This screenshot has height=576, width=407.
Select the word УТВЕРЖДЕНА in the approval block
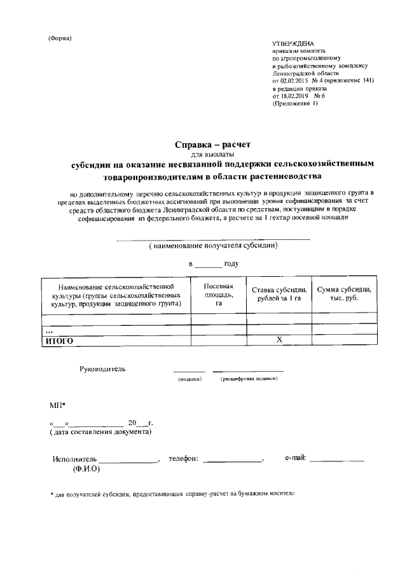tap(294, 43)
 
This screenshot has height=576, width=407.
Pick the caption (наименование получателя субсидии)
tap(212, 246)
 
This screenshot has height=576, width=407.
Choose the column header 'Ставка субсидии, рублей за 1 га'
tap(279, 294)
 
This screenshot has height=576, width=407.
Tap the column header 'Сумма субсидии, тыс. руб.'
tap(343, 294)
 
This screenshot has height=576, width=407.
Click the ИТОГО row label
tap(59, 341)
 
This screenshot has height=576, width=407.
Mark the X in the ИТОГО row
tap(279, 341)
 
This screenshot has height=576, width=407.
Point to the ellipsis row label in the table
tap(48, 331)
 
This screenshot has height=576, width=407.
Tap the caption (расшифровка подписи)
tap(249, 379)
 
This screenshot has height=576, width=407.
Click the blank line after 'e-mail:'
tap(336, 460)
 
